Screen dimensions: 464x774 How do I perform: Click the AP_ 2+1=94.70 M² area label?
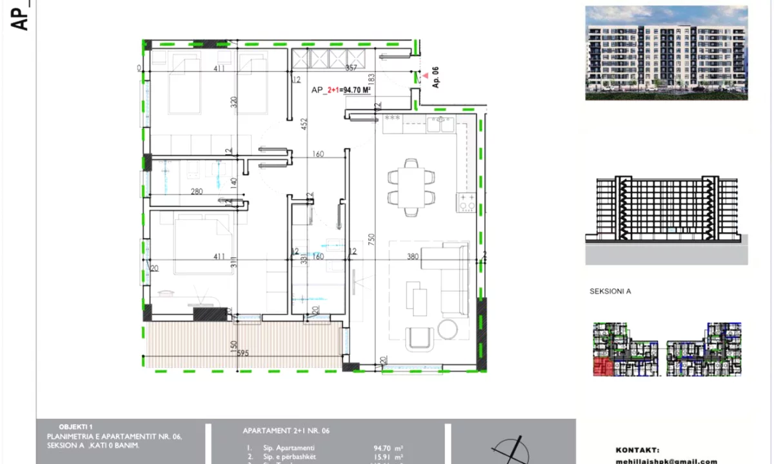[341, 91]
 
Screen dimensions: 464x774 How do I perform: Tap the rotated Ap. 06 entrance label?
[435, 77]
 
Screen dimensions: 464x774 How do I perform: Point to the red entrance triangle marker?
[424, 76]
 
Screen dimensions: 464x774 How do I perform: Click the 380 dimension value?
[413, 256]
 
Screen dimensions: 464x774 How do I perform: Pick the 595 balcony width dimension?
[243, 353]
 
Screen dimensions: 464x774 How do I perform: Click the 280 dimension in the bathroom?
[197, 191]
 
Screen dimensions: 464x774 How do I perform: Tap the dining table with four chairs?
[411, 186]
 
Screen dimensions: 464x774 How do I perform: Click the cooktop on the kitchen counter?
[466, 202]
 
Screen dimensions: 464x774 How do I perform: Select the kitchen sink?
[442, 123]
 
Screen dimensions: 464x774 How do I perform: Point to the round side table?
[448, 329]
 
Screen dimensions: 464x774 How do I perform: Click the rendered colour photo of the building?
[666, 52]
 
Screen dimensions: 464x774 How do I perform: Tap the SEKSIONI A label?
[610, 291]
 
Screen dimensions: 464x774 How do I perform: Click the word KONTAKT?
[637, 450]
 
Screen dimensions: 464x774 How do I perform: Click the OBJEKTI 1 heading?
[76, 427]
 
